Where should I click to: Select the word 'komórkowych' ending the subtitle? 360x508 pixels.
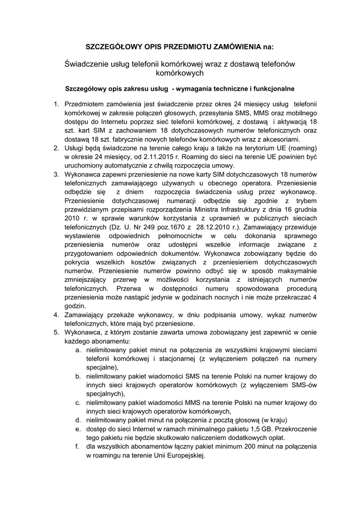[x=180, y=73]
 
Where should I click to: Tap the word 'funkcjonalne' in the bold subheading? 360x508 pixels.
[x=273, y=89]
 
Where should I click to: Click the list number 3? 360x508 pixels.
[x=56, y=174]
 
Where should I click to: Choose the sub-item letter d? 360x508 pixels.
[x=78, y=420]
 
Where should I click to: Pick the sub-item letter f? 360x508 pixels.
[x=78, y=447]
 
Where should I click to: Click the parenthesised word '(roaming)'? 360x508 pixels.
[x=300, y=148]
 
